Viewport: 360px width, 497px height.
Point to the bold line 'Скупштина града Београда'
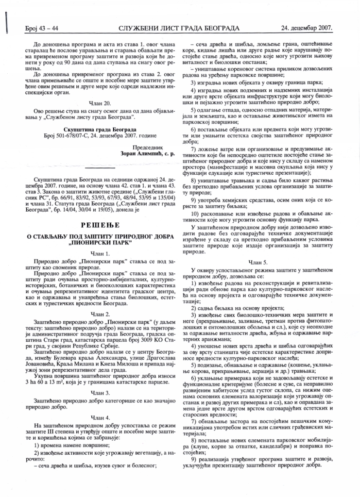pos(100,130)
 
